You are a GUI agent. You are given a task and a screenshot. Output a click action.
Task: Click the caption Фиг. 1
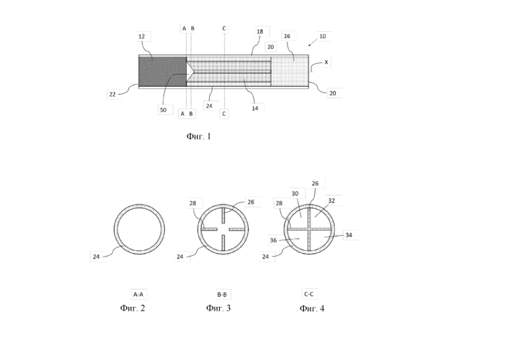199,136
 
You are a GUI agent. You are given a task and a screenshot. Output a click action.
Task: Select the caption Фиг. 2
132,308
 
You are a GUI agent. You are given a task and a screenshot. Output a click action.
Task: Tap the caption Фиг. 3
218,308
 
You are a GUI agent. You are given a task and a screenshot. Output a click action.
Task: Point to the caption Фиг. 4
312,309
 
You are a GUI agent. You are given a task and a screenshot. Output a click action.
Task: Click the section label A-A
138,295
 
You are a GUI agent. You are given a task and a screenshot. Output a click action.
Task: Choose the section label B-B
222,295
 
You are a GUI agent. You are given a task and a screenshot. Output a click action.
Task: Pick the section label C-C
309,295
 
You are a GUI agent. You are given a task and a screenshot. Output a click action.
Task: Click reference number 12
142,37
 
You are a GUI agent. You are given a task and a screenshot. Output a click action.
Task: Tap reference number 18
260,31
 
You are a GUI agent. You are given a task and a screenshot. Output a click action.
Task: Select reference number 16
287,36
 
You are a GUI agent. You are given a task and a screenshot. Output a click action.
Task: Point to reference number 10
323,36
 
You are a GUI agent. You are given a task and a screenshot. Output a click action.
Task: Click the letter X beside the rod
326,62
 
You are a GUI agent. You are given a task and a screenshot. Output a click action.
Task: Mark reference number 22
113,94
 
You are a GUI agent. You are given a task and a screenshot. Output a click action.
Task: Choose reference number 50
163,110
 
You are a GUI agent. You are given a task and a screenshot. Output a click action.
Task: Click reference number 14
255,108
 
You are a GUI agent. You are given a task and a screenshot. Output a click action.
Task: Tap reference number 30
295,194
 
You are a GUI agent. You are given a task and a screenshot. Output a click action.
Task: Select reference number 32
332,200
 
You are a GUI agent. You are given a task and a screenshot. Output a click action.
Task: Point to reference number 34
349,235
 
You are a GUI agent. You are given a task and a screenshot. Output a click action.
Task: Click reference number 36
273,241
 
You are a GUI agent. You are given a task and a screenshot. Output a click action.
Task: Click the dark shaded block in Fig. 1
163,72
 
